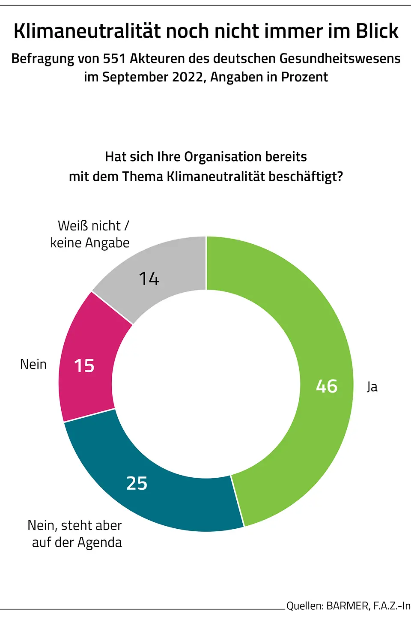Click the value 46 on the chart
click(x=327, y=386)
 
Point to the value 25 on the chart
click(x=137, y=483)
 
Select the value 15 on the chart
click(x=84, y=366)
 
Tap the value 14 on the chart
click(x=149, y=279)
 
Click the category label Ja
click(x=372, y=387)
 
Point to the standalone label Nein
click(x=33, y=365)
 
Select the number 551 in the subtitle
click(x=114, y=59)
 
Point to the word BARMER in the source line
click(x=347, y=606)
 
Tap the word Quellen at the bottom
click(x=304, y=606)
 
